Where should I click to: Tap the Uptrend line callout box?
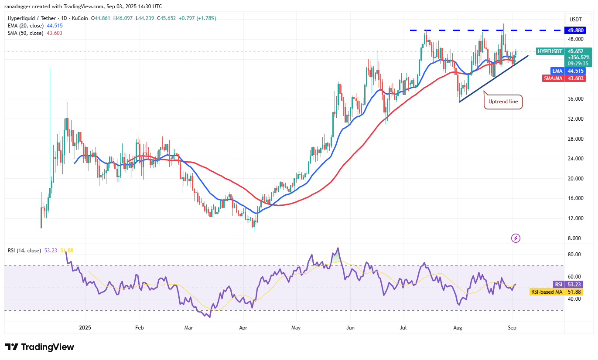coord(503,102)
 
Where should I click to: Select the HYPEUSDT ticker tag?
coord(550,51)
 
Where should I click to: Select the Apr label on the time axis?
coord(243,327)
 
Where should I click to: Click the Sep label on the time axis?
coord(513,327)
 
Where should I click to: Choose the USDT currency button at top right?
coord(576,20)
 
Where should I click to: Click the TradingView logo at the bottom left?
coord(40,347)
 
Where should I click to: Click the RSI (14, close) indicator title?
coord(25,251)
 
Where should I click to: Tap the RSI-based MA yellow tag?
coord(547,292)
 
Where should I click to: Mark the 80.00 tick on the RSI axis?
coord(574,255)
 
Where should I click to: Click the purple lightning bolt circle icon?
coord(516,238)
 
